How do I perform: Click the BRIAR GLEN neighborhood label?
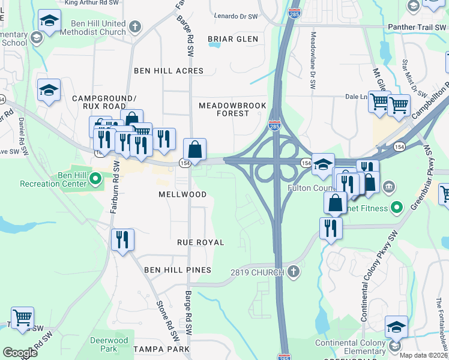[233, 39]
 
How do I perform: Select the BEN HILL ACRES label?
[169, 71]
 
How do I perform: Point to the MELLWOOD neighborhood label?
[182, 195]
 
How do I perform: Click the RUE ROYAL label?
[200, 242]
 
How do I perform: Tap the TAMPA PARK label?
[160, 349]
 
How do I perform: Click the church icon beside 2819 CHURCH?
[293, 272]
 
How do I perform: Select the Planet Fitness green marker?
[396, 208]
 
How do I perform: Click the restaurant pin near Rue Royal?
[122, 240]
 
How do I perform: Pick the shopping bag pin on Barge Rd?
[194, 149]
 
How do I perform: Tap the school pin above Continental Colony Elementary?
[396, 328]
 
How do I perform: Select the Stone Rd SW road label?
[169, 315]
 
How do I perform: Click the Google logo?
[20, 353]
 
